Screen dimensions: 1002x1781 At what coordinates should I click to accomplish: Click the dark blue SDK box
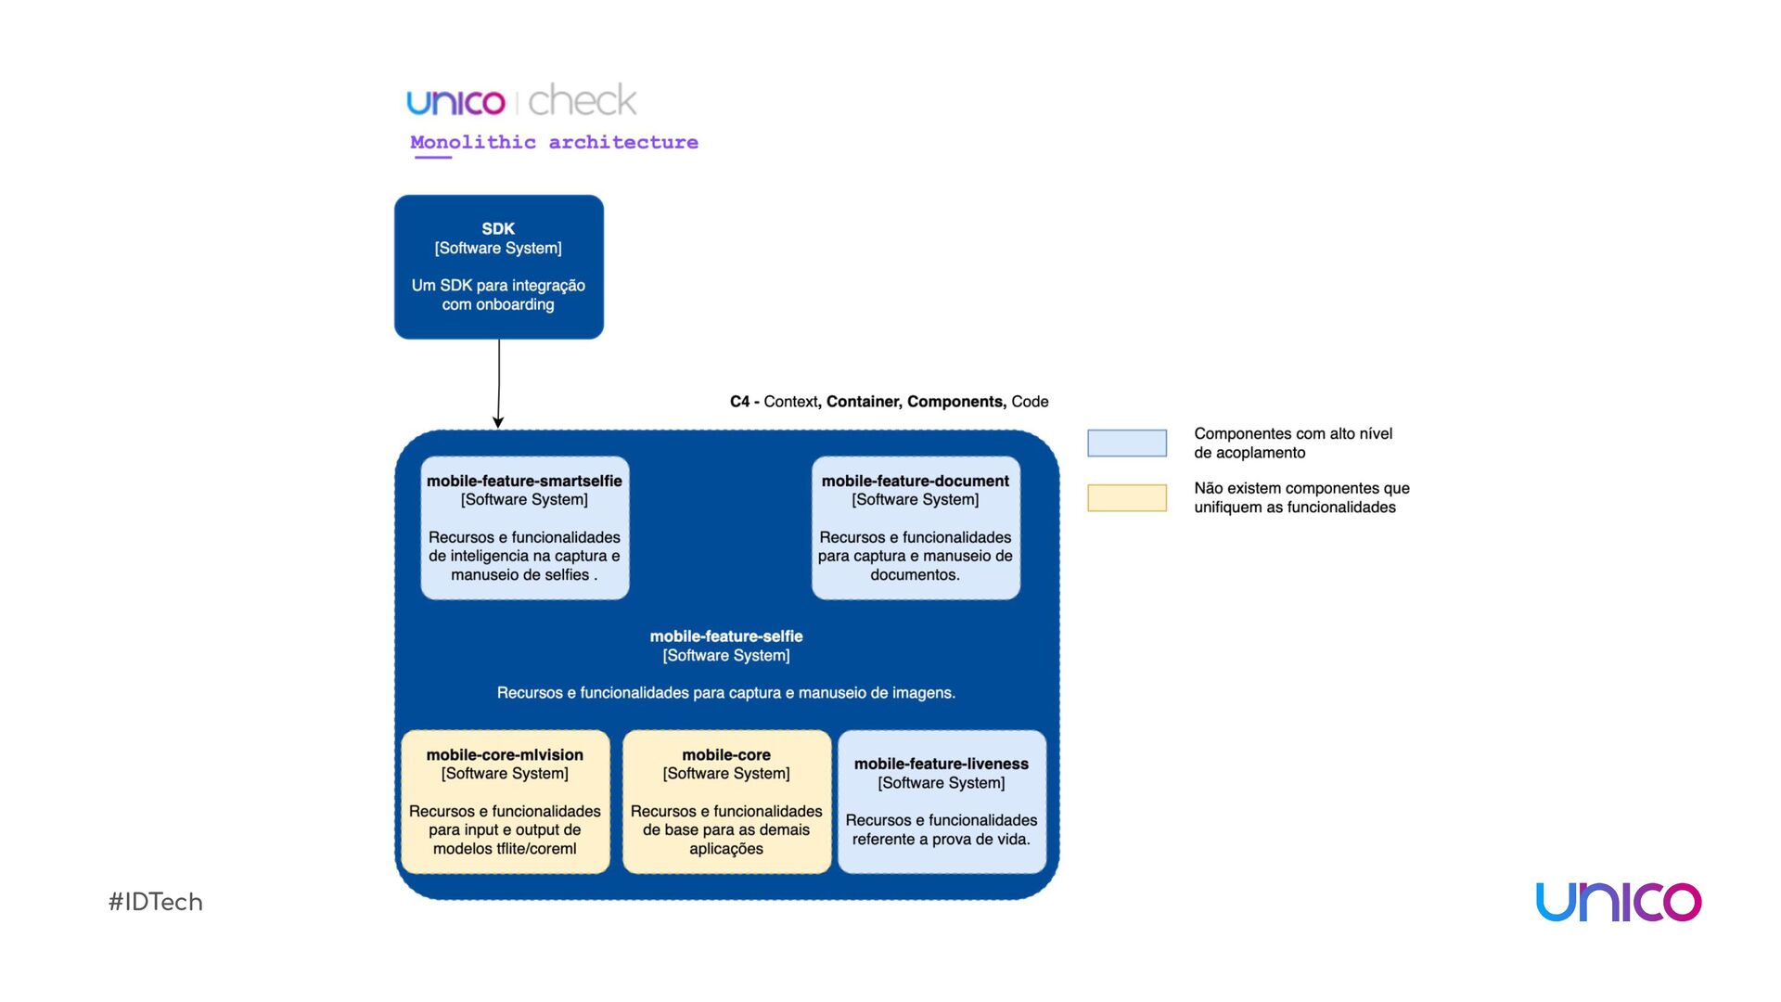pos(499,266)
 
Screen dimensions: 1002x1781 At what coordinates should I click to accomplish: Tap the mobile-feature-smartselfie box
pos(525,527)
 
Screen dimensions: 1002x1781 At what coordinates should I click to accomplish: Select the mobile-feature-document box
pos(916,527)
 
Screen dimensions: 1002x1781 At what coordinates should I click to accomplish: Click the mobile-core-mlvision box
pos(505,802)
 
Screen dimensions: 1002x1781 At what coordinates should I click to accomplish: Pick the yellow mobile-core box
pos(726,802)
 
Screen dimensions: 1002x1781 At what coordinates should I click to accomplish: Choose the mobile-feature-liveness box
pos(942,802)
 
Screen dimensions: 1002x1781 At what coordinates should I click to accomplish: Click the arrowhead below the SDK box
pos(498,422)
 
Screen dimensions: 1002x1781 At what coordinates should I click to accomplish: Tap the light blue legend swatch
pos(1127,443)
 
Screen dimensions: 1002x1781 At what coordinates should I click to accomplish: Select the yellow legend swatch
pos(1127,497)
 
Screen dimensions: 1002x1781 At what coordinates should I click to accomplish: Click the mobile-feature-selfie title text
pos(726,636)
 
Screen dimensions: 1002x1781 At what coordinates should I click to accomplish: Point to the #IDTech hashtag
pos(156,902)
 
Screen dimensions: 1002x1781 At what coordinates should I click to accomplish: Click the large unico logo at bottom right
pos(1619,902)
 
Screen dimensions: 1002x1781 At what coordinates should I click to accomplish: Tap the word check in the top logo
pos(583,100)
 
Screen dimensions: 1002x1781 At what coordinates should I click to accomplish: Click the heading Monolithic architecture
pos(554,142)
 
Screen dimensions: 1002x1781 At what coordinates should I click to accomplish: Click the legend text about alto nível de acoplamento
pos(1293,443)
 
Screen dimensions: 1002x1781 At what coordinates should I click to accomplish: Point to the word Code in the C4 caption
pos(1030,402)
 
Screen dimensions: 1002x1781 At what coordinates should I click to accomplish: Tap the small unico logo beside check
pos(455,102)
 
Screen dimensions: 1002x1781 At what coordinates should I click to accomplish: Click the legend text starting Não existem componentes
pos(1301,497)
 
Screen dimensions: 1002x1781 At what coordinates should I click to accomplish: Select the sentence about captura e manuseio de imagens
pos(726,693)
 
